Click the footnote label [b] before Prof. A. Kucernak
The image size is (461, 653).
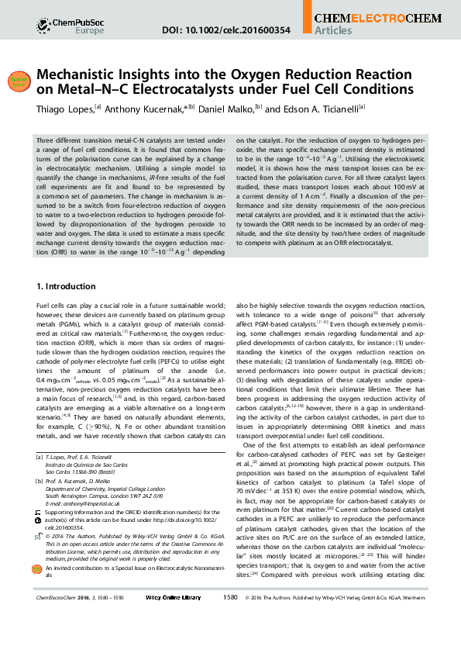tap(39, 481)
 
